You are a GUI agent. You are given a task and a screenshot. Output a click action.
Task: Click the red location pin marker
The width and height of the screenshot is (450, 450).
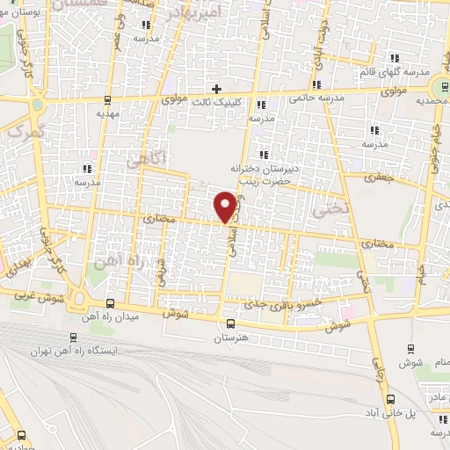(x=226, y=207)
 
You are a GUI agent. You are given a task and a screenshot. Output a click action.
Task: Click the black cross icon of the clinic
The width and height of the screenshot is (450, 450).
(x=216, y=88)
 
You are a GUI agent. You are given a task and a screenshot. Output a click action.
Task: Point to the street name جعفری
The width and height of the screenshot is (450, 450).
(x=381, y=177)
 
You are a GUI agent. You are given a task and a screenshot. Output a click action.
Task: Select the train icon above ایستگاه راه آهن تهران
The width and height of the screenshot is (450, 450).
(x=73, y=336)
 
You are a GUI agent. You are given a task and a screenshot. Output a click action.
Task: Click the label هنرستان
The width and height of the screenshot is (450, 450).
(x=231, y=337)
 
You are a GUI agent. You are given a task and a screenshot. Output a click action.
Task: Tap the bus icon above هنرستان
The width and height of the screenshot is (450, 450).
(x=230, y=323)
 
